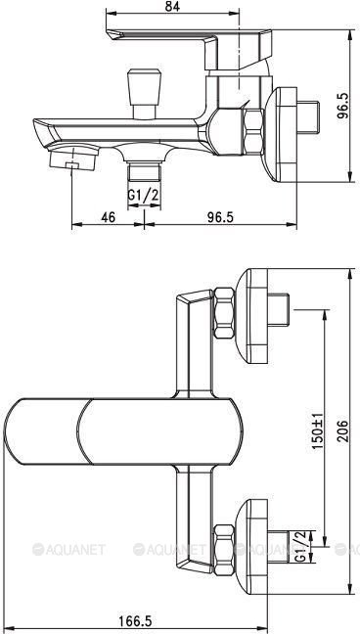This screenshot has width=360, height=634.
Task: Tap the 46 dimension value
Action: point(109,216)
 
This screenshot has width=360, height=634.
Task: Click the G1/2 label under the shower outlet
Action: point(145,197)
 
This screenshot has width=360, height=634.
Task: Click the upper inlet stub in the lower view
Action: point(284,311)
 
